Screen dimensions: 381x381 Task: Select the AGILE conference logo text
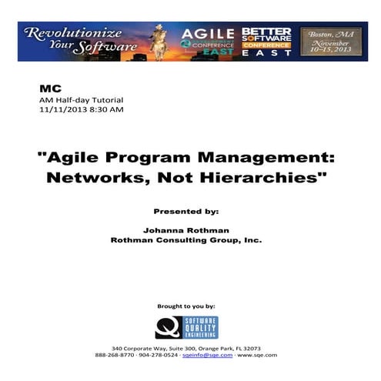[x=209, y=33]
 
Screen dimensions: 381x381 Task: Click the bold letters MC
[x=48, y=89]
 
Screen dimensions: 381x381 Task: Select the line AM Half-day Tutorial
[x=81, y=100]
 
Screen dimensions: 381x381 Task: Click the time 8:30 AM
[x=107, y=110]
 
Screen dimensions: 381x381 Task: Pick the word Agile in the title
[x=75, y=159]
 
